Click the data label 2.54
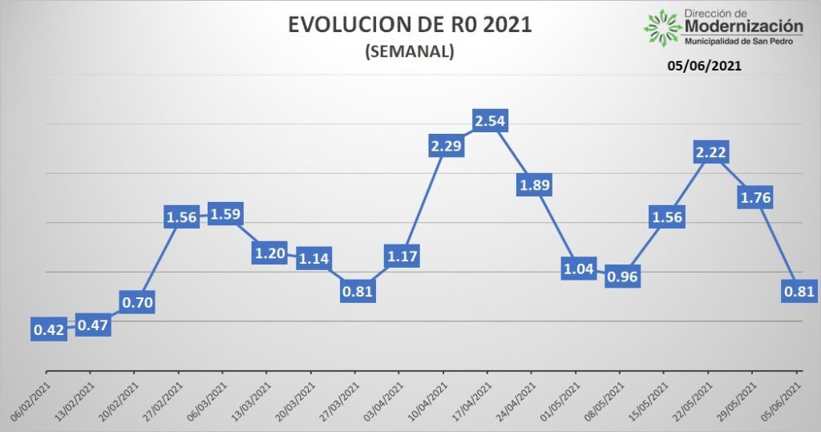pos(490,122)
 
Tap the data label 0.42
pos(48,329)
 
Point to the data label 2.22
pos(710,151)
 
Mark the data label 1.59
pos(225,215)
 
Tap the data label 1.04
pos(578,268)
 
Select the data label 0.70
pos(137,302)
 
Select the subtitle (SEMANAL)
pos(410,52)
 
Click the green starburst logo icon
pos(662,26)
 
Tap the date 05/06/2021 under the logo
pos(704,67)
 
